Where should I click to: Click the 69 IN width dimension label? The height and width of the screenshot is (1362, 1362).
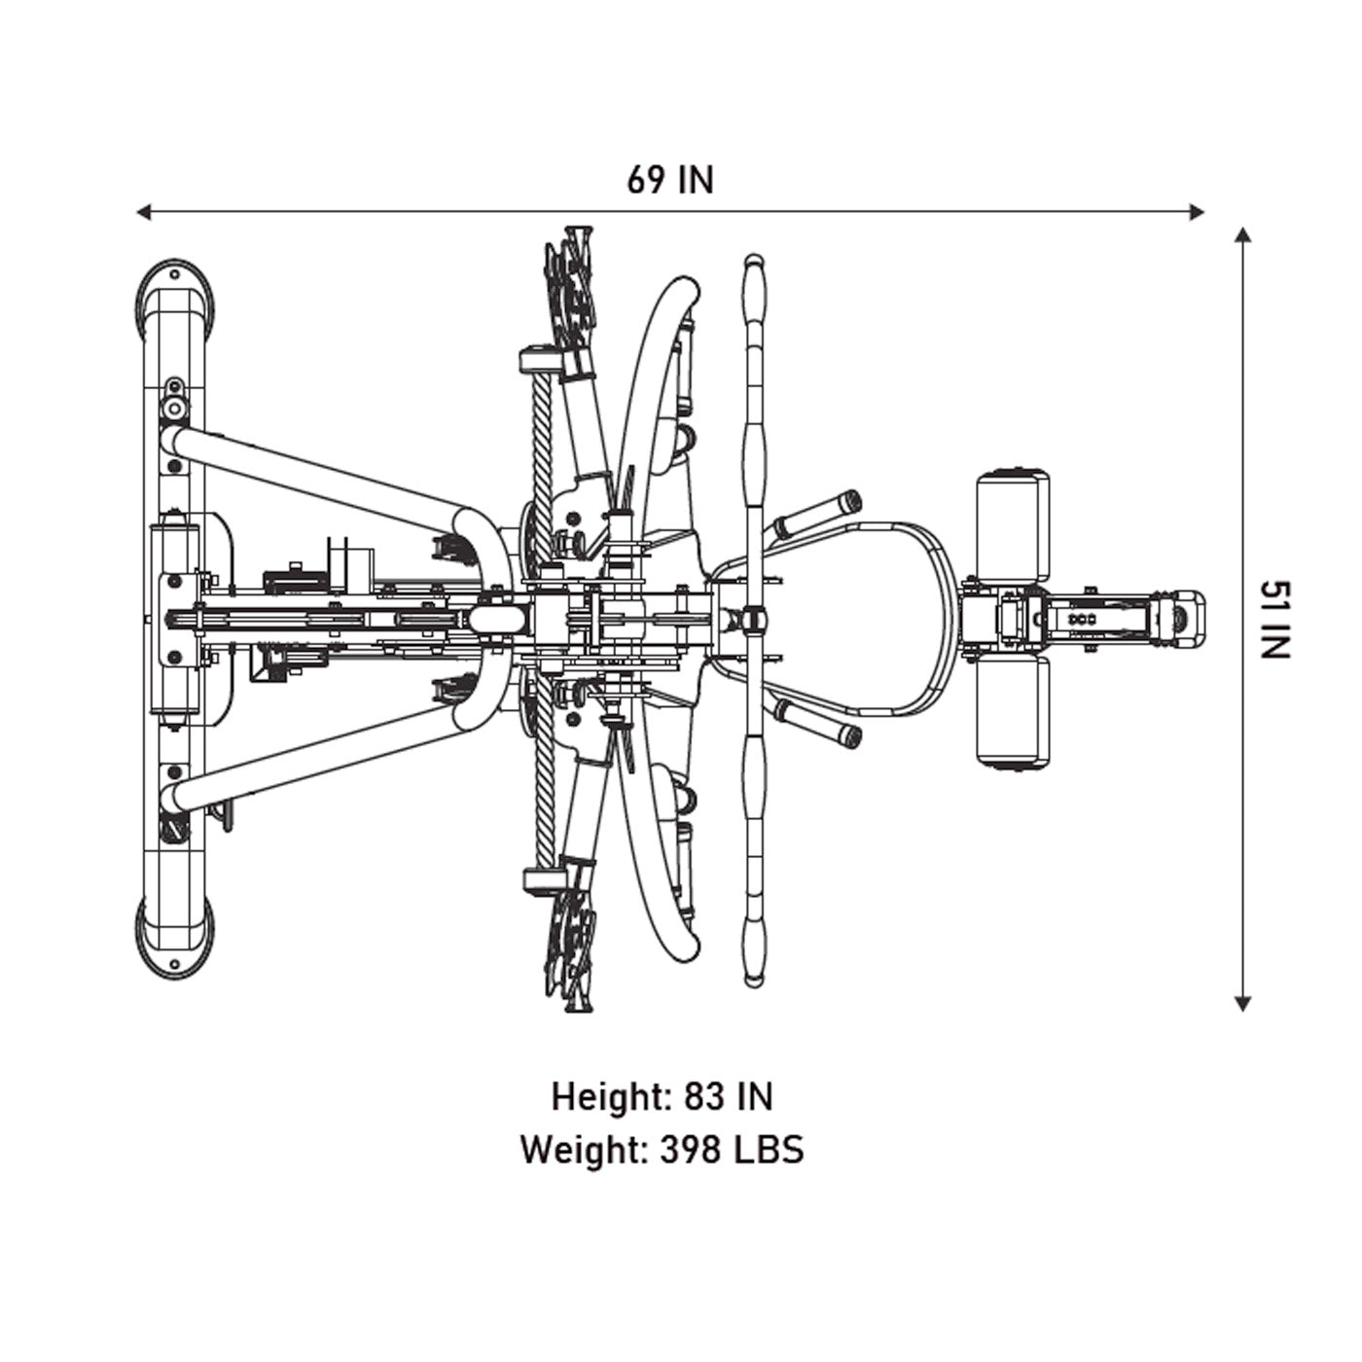click(x=670, y=180)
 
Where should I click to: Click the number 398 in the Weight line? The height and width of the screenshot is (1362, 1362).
click(x=690, y=1150)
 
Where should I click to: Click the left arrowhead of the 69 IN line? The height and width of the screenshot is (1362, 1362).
click(x=143, y=211)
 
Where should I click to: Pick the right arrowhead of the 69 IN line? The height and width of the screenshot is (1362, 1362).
click(x=1197, y=211)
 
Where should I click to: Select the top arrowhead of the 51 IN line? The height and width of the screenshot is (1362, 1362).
click(x=1242, y=233)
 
